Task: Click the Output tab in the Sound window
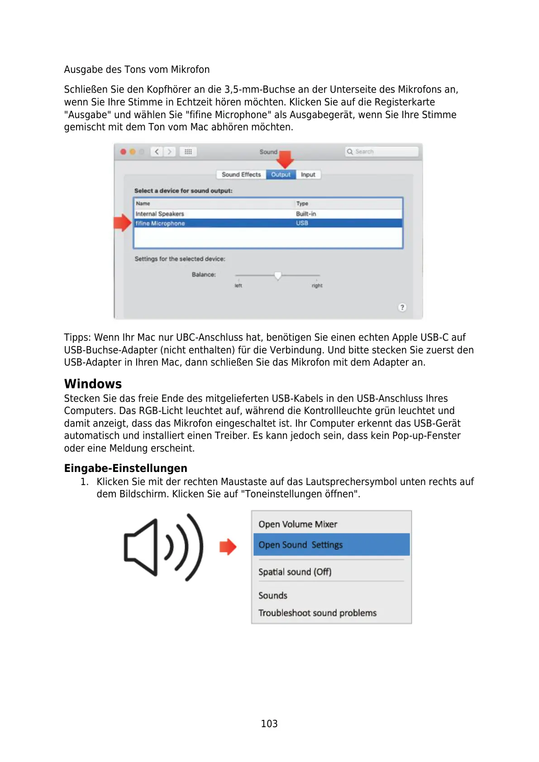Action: click(x=281, y=175)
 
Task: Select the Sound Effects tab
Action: click(x=241, y=175)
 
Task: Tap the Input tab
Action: click(x=308, y=175)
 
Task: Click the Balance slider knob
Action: click(x=278, y=275)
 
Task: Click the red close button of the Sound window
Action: click(x=123, y=152)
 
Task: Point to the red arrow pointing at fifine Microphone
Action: click(x=122, y=223)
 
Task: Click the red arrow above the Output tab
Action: click(x=285, y=159)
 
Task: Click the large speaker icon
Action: click(x=163, y=547)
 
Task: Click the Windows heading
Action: click(x=93, y=384)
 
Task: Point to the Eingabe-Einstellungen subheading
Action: click(x=125, y=468)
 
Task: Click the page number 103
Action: click(x=269, y=724)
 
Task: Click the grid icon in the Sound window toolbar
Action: click(x=188, y=152)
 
